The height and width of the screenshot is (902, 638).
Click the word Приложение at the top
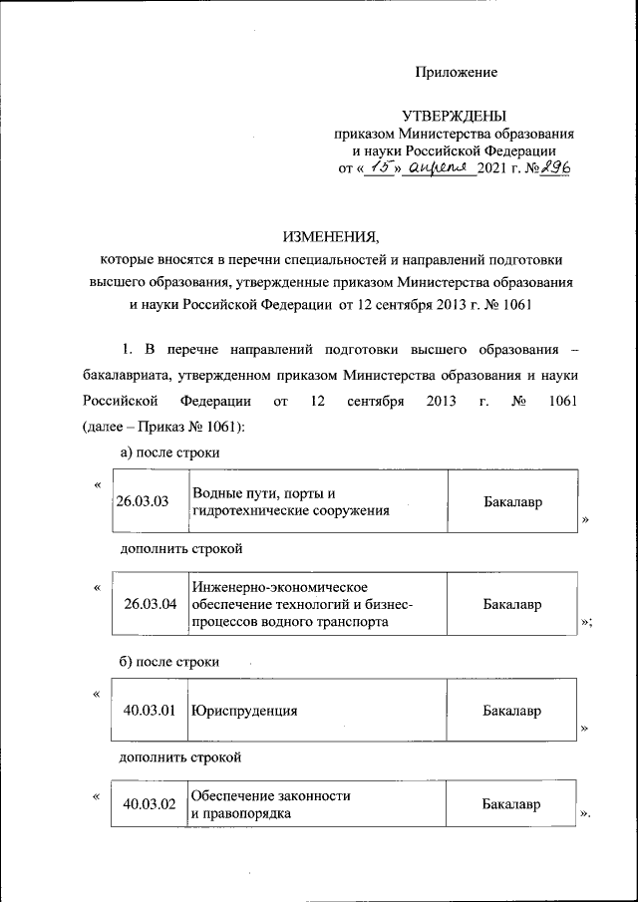pyautogui.click(x=456, y=72)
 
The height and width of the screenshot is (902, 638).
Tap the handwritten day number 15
pyautogui.click(x=375, y=167)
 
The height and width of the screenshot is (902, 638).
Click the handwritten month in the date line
pyautogui.click(x=434, y=167)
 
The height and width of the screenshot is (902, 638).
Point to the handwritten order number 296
pyautogui.click(x=552, y=167)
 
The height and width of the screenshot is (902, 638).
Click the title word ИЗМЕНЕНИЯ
pyautogui.click(x=331, y=237)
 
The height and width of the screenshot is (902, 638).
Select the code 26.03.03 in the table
pyautogui.click(x=143, y=502)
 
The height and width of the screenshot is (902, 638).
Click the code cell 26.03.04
pyautogui.click(x=150, y=604)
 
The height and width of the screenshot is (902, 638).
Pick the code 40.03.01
pyautogui.click(x=150, y=711)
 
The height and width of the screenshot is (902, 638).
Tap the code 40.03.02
pyautogui.click(x=150, y=804)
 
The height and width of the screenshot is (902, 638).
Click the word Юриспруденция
pyautogui.click(x=244, y=712)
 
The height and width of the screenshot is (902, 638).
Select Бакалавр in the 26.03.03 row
pyautogui.click(x=512, y=502)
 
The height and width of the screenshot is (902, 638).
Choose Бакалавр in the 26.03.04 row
pyautogui.click(x=512, y=604)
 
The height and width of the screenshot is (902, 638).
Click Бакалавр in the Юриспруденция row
pyautogui.click(x=512, y=711)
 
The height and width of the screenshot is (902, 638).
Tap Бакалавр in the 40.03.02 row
pyautogui.click(x=512, y=803)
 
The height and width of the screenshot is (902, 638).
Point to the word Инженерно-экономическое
pyautogui.click(x=281, y=587)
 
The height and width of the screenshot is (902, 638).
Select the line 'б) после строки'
pyautogui.click(x=168, y=662)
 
